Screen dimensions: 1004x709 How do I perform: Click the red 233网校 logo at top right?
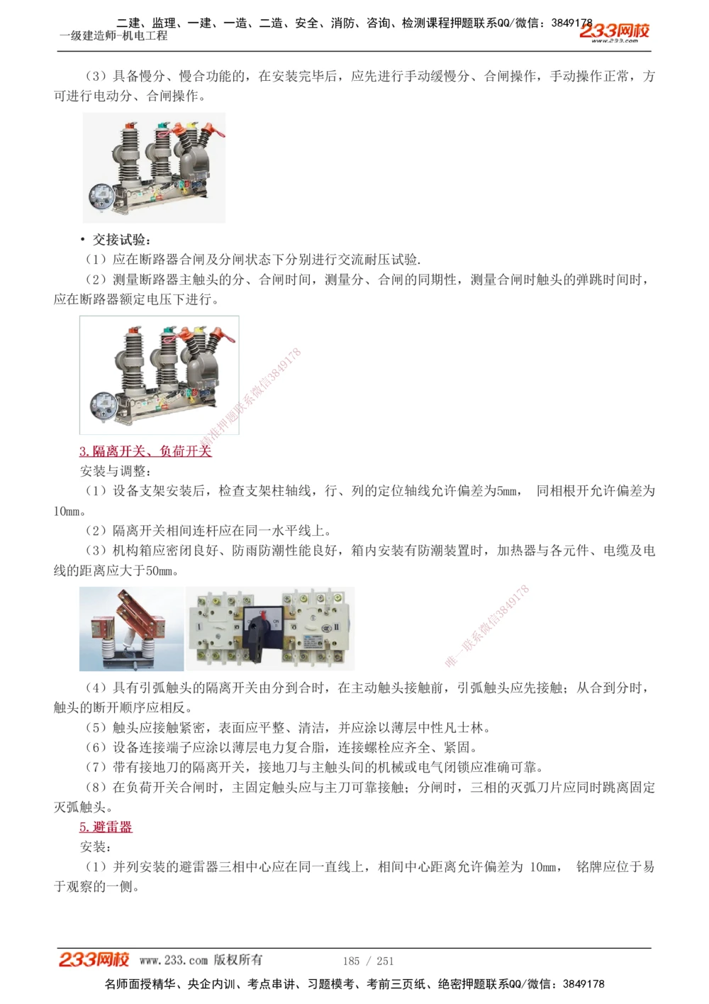tap(614, 31)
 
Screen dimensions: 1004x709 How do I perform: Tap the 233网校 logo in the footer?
tap(94, 959)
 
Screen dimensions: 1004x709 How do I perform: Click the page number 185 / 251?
tap(368, 961)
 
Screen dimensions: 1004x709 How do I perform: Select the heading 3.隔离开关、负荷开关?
tap(145, 451)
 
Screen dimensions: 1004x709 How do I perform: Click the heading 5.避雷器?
tap(106, 827)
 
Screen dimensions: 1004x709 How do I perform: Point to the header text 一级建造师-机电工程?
tap(113, 35)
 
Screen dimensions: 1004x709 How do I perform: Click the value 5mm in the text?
tap(506, 491)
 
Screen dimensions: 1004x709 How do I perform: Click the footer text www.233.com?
tap(173, 960)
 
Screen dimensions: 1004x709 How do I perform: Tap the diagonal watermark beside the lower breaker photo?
tap(252, 397)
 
